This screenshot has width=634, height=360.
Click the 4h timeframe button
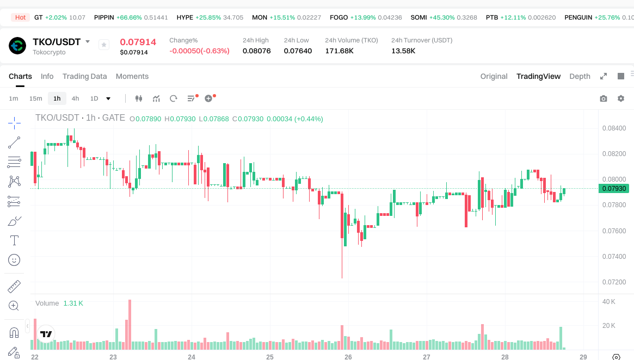pos(75,98)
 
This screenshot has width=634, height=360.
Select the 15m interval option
pos(35,98)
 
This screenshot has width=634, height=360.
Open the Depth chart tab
pos(580,76)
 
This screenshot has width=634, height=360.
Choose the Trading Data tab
pos(84,76)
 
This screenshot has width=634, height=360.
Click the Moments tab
pos(132,76)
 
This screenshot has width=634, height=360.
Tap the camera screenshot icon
pos(604,98)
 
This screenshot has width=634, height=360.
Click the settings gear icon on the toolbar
pos(621,98)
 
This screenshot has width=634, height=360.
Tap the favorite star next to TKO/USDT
pos(104,45)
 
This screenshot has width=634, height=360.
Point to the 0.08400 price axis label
pos(614,128)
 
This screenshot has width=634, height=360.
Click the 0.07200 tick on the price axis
pos(614,282)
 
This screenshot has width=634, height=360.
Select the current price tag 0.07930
pos(614,189)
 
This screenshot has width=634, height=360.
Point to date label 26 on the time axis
pos(348,357)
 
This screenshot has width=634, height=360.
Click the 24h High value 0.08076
pos(256,51)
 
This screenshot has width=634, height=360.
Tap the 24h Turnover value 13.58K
pos(403,51)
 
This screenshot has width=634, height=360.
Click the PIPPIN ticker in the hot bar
pos(104,17)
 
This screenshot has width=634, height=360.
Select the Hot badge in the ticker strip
pos(21,17)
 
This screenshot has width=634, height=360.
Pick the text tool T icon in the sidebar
pos(15,240)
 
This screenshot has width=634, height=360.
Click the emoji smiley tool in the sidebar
pos(15,260)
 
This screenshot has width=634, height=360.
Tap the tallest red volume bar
pos(130,324)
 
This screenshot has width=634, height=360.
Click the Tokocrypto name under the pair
pos(49,52)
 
